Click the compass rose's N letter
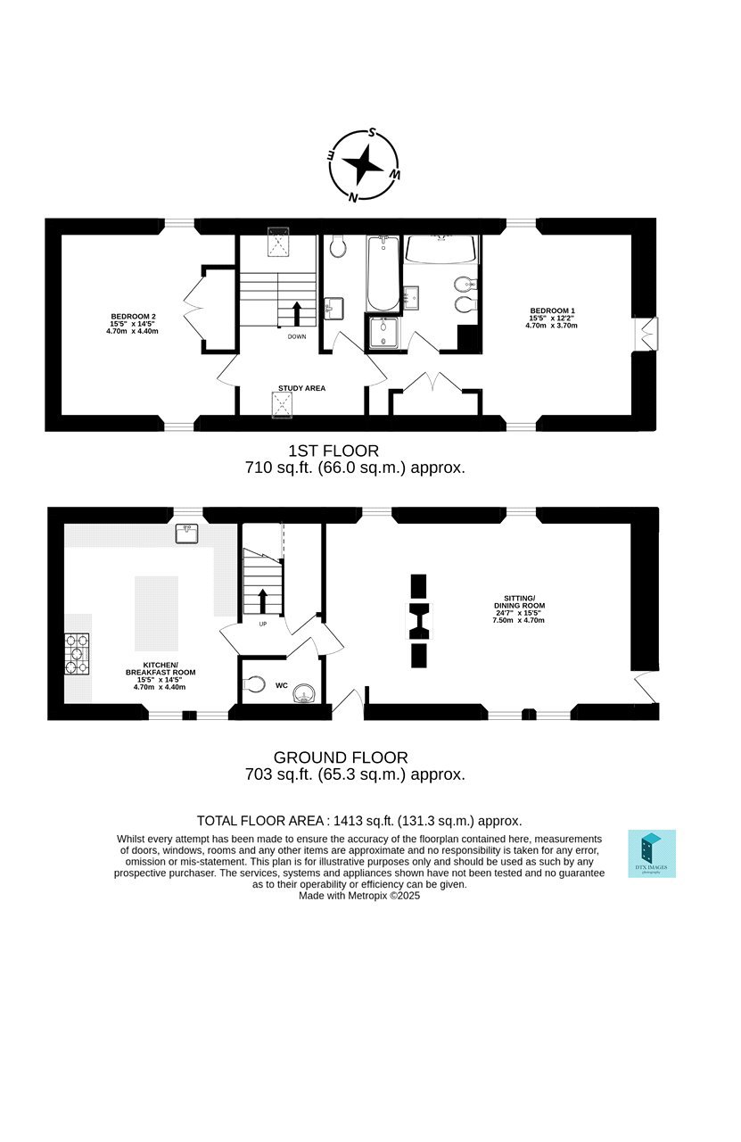click(352, 197)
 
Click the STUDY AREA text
click(301, 388)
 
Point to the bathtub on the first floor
click(383, 273)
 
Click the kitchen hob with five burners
click(77, 654)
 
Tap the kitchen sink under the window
click(186, 534)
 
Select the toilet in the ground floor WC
click(253, 684)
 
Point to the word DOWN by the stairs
click(297, 336)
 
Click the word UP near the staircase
click(263, 624)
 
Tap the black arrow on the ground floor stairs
click(263, 601)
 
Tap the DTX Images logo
click(652, 854)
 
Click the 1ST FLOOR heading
click(333, 451)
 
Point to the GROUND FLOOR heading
click(341, 757)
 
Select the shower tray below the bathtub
click(383, 333)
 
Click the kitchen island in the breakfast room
click(156, 613)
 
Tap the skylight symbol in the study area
click(283, 405)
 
